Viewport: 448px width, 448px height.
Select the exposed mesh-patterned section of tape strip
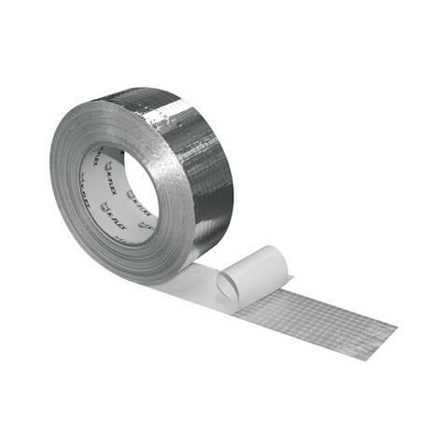317,314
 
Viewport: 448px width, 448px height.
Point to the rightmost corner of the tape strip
397,328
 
